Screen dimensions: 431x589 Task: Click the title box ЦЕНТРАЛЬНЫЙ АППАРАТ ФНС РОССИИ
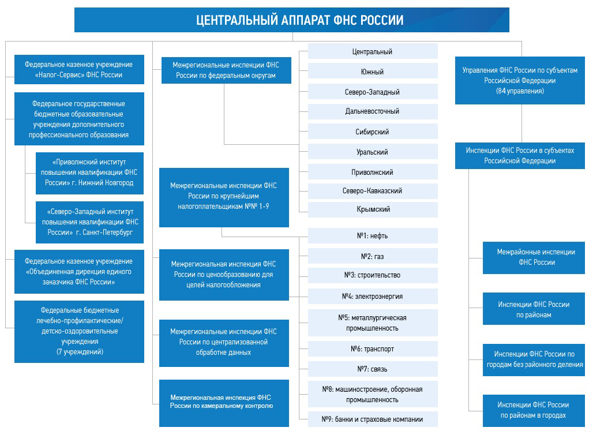(291, 20)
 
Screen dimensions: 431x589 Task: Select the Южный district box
(373, 72)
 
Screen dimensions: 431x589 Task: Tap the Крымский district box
(373, 209)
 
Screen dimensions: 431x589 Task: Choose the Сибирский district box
(373, 132)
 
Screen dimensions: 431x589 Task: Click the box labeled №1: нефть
(373, 235)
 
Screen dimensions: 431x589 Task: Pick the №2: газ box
(373, 256)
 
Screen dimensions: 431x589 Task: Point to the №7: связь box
(373, 369)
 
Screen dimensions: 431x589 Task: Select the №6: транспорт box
(373, 349)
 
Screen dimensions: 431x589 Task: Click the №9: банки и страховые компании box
(373, 419)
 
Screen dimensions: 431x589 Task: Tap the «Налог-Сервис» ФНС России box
(79, 70)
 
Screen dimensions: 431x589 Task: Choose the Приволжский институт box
(89, 172)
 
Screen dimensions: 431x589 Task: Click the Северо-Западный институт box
(89, 222)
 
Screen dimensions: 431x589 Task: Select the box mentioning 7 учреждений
(79, 331)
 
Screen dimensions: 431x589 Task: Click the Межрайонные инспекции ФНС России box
(536, 257)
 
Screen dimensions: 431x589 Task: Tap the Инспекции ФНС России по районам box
(536, 309)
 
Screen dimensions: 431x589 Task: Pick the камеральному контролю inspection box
(224, 402)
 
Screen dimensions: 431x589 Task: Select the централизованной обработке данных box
(224, 342)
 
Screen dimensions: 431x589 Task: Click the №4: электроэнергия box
(373, 296)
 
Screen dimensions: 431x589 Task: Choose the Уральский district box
(373, 152)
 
